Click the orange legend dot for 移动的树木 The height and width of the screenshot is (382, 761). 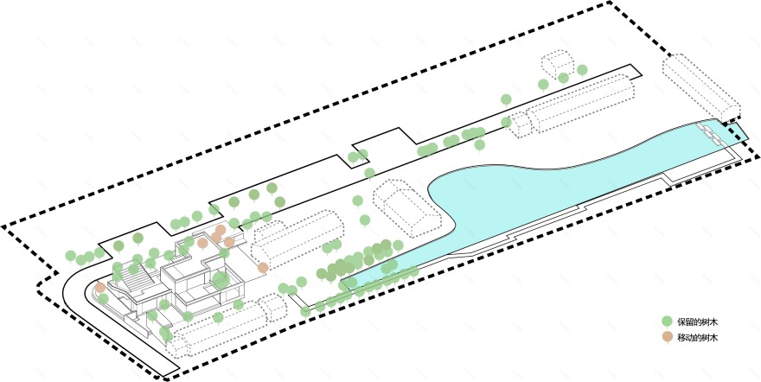[x=667, y=336]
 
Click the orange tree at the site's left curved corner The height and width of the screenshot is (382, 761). [x=100, y=287]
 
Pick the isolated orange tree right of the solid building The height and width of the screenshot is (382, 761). [x=263, y=268]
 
